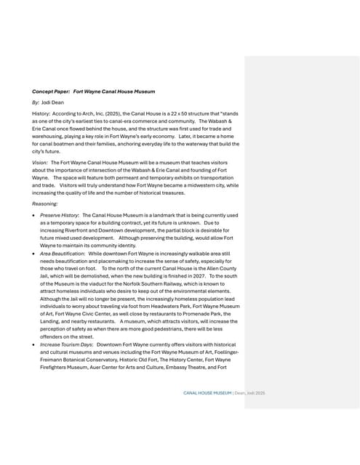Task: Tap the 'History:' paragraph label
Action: click(x=41, y=116)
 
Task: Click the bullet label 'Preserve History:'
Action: click(x=60, y=216)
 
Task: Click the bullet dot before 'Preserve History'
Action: click(x=34, y=217)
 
